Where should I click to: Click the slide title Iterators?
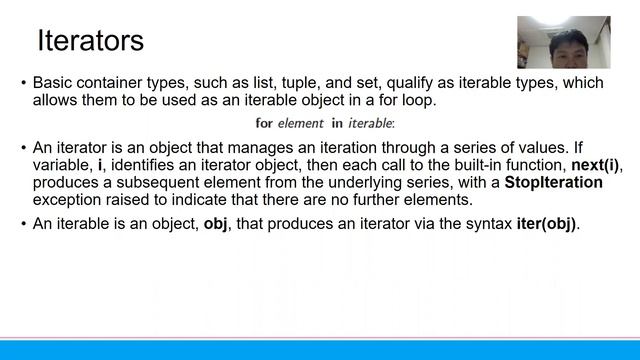tap(90, 41)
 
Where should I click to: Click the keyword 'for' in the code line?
tap(264, 123)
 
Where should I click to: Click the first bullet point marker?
tap(23, 84)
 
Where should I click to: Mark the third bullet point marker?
tap(23, 223)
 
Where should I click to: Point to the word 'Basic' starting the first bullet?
tap(53, 84)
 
